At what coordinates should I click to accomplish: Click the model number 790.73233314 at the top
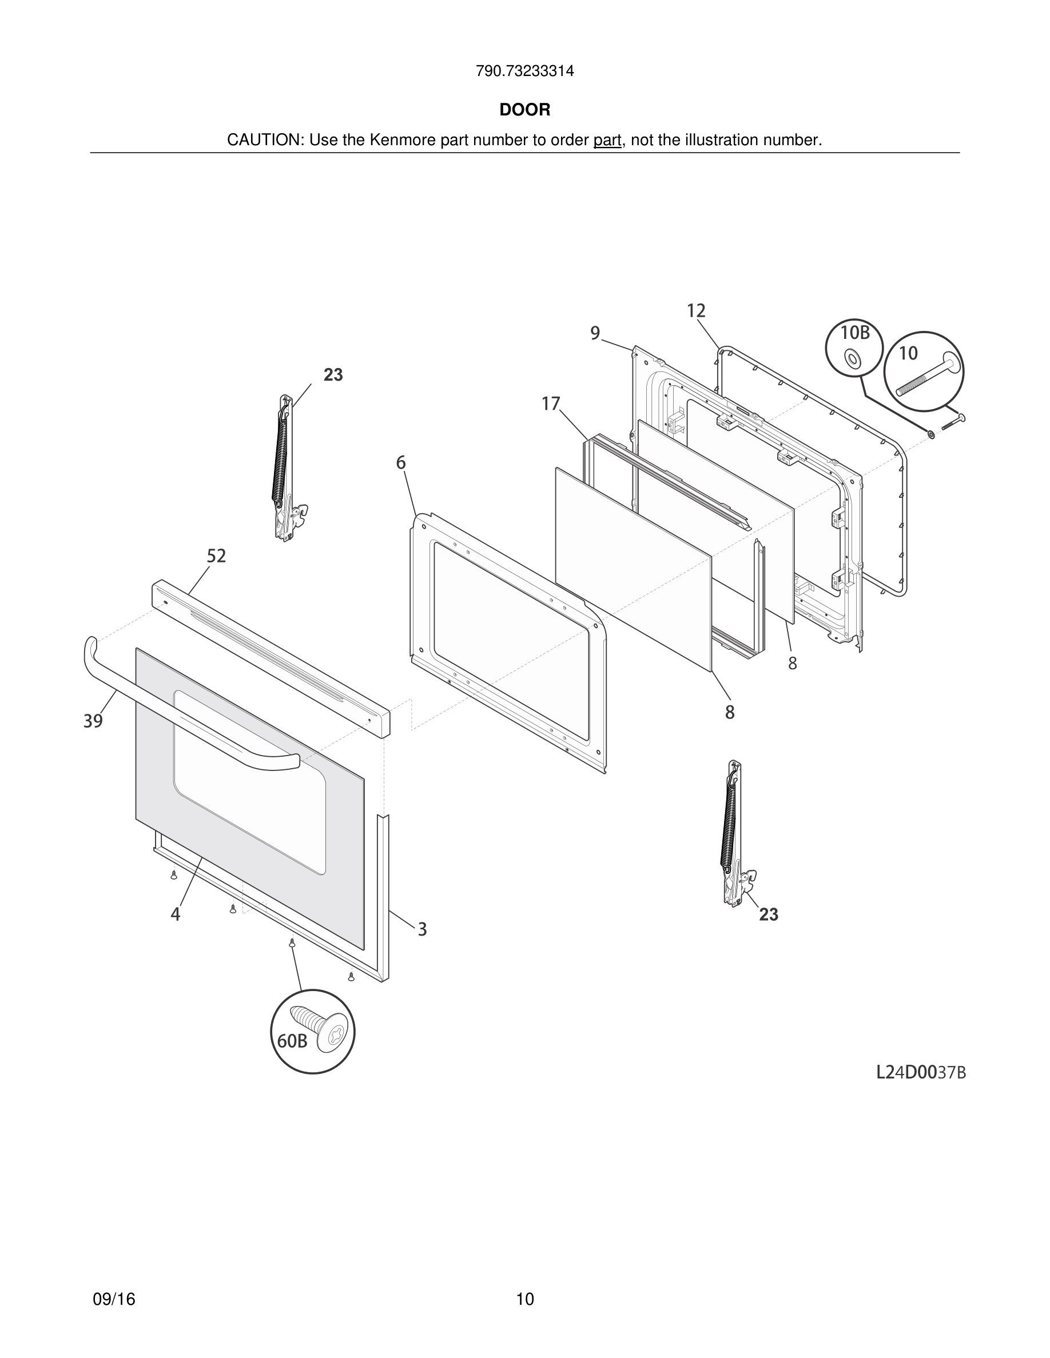(x=524, y=71)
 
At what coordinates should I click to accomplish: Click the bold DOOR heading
(x=524, y=110)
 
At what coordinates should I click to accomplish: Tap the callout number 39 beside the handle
(x=93, y=721)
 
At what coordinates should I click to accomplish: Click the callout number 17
(x=551, y=404)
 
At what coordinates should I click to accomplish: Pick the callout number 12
(x=696, y=311)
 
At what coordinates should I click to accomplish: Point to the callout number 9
(x=595, y=334)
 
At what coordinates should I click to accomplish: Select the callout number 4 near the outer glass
(x=176, y=914)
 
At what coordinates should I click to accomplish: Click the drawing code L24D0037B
(x=921, y=1072)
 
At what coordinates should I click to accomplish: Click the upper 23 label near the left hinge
(x=333, y=375)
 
